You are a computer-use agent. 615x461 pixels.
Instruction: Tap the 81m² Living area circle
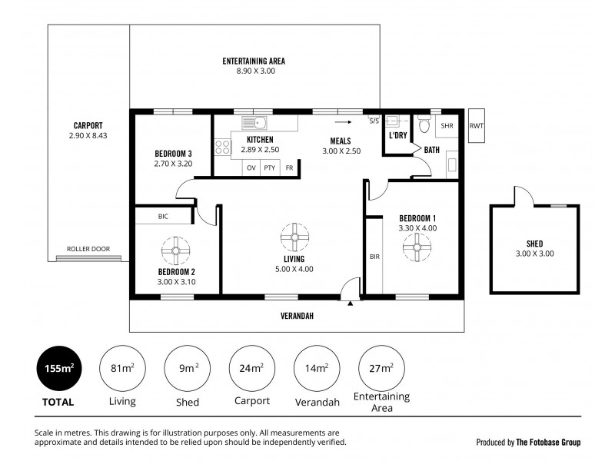123,370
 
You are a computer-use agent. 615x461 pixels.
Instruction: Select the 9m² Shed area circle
188,370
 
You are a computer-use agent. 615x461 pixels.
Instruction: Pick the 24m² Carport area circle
252,370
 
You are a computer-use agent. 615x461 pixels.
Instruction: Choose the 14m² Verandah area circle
317,370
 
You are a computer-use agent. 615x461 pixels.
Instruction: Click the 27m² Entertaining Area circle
381,370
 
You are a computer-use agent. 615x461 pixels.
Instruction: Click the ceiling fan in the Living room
294,237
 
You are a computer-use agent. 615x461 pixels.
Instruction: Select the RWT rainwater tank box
477,125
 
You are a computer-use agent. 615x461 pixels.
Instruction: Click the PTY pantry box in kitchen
270,167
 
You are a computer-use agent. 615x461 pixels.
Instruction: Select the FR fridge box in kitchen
289,167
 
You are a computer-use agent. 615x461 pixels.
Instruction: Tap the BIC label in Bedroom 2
163,217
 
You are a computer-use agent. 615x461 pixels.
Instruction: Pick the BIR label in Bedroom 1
374,257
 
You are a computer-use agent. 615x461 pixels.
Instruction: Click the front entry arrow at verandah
351,304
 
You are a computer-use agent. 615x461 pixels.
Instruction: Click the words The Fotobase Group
549,443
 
